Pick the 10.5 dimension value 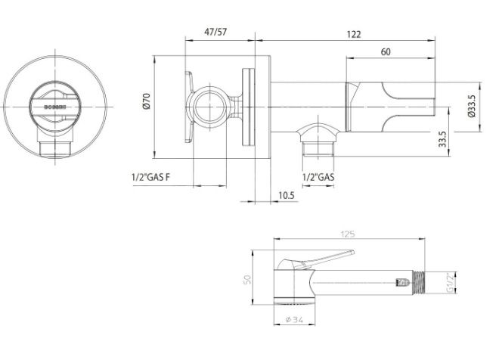286,195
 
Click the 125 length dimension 348,234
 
